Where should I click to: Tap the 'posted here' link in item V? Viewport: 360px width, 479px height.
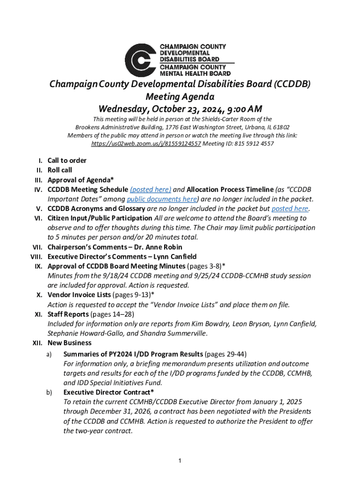[x=290, y=209]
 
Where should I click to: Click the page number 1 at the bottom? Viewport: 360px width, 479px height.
[x=180, y=462]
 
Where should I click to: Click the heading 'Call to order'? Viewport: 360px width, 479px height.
[x=67, y=160]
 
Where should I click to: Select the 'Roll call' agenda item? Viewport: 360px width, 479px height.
[x=60, y=170]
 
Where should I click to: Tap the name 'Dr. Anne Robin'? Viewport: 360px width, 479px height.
[x=159, y=247]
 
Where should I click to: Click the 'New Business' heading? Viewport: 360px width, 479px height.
[x=70, y=343]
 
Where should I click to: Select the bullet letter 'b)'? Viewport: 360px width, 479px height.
[x=49, y=392]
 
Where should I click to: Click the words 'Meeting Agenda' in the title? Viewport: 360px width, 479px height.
[x=180, y=97]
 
